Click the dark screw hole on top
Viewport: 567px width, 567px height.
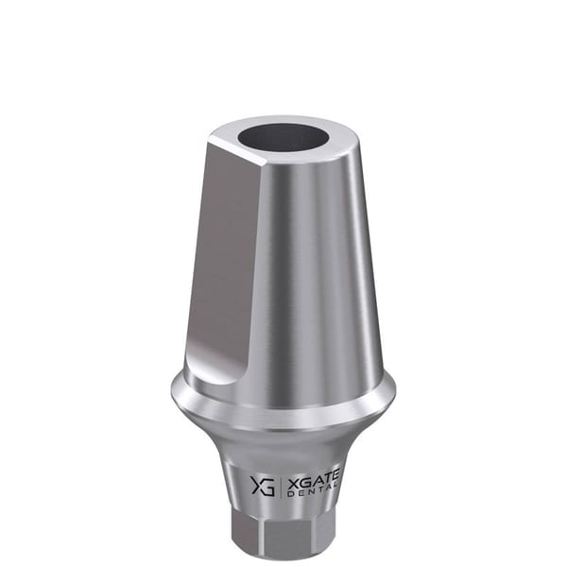pos(282,138)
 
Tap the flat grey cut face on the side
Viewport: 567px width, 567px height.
pos(224,261)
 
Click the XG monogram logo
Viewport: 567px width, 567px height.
pos(263,486)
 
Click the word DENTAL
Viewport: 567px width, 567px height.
pos(313,493)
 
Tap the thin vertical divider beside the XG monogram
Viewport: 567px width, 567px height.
pos(281,486)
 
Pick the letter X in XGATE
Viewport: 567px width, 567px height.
pos(291,482)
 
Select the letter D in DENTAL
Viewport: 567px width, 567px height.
pos(289,494)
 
